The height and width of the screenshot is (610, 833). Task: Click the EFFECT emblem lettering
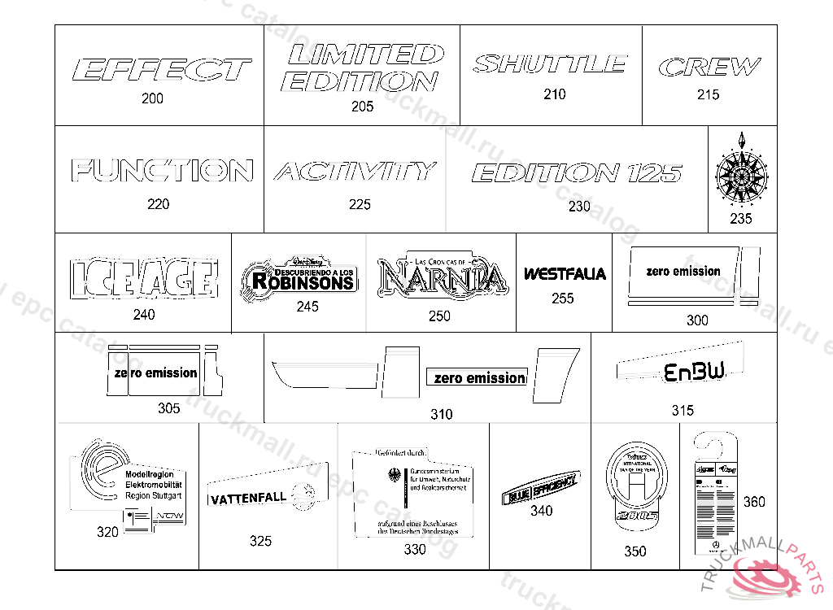point(162,70)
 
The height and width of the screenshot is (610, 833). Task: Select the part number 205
point(363,107)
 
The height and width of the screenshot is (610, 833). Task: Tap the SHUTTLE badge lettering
point(550,63)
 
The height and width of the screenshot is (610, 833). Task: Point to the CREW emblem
point(709,67)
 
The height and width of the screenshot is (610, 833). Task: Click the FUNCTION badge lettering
point(162,171)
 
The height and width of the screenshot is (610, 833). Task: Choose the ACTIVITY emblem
point(355,172)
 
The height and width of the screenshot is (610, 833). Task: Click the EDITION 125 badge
point(576,173)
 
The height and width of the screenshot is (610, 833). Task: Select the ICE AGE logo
point(144,279)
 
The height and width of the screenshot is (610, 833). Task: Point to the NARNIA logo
point(442,277)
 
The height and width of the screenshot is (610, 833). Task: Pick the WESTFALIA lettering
point(565,274)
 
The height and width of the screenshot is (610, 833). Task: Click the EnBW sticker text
point(694,373)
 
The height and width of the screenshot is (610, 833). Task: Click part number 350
point(635,551)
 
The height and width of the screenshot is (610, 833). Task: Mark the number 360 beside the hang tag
point(754,502)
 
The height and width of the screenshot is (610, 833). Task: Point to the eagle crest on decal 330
point(396,478)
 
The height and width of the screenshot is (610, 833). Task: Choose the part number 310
point(442,415)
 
